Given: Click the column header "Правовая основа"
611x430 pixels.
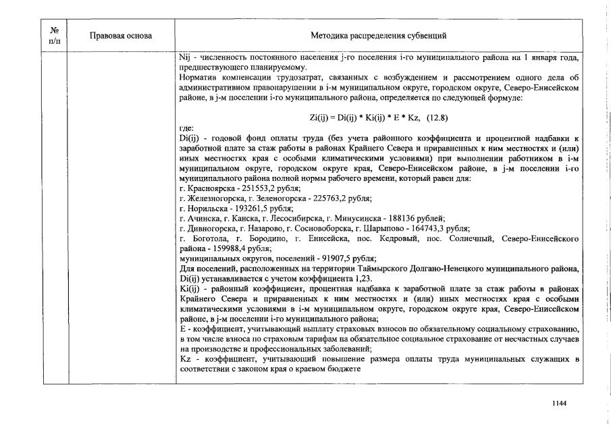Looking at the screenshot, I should click(121, 35).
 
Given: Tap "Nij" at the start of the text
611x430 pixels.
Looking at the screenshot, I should click(186, 59).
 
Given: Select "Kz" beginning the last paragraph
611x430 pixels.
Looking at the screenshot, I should click(186, 358).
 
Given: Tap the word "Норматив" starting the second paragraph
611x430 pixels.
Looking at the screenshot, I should click(197, 78).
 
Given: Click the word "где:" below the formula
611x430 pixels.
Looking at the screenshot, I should click(186, 128).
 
